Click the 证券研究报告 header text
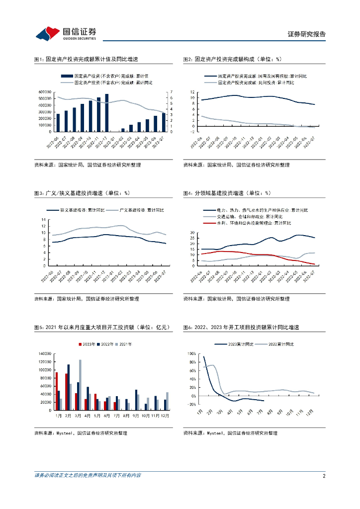click(x=307, y=34)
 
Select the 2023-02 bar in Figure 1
click(x=123, y=130)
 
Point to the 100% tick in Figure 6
click(x=192, y=353)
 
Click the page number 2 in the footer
click(x=324, y=476)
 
